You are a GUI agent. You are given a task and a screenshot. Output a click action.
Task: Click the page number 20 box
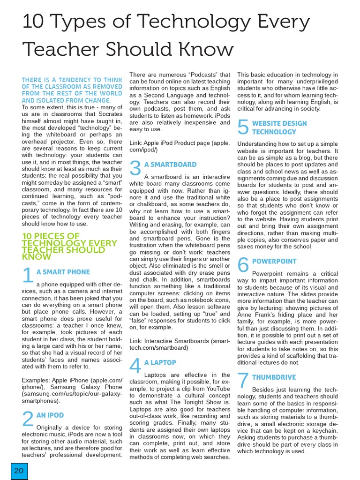[19, 471]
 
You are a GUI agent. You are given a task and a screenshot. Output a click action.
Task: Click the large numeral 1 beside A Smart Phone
[28, 276]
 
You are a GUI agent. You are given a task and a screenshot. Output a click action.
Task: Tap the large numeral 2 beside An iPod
[28, 419]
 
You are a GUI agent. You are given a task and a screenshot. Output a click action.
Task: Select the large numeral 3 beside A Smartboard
[135, 169]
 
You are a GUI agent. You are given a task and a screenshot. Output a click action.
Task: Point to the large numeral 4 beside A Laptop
[135, 367]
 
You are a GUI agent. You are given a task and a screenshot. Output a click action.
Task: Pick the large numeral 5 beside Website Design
[243, 127]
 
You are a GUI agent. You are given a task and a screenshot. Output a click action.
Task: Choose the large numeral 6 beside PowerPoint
[243, 265]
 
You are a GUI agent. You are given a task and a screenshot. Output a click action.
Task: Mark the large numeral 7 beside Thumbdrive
[243, 381]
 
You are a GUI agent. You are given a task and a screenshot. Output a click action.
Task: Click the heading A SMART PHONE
[63, 272]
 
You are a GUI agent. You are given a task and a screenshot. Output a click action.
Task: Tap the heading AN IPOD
[50, 415]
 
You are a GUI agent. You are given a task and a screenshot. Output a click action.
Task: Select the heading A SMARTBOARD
[170, 165]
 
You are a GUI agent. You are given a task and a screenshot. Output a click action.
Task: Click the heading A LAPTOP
[160, 363]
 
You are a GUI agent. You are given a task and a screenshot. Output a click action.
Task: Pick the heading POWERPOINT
[274, 261]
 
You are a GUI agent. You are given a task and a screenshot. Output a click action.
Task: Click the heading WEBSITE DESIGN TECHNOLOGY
[279, 127]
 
